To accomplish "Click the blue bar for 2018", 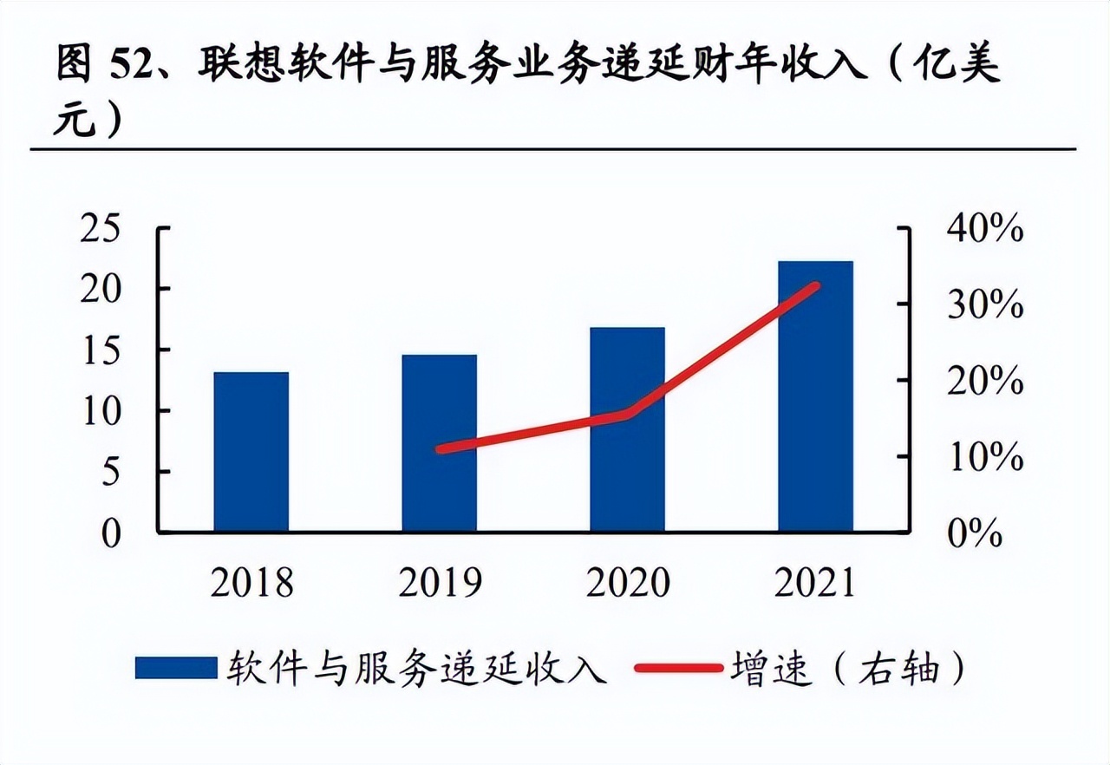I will point(251,451).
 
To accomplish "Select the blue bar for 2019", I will point(439,442).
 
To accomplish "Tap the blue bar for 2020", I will point(627,428).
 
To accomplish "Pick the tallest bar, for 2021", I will point(815,396).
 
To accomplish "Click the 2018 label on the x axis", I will point(251,583).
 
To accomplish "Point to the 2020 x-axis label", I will point(628,583).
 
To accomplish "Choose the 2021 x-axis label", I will point(815,583).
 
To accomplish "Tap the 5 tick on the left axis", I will point(112,472).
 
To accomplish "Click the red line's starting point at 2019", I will point(441,449).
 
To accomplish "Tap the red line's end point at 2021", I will point(815,286).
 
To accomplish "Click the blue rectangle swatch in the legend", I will point(175,668).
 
